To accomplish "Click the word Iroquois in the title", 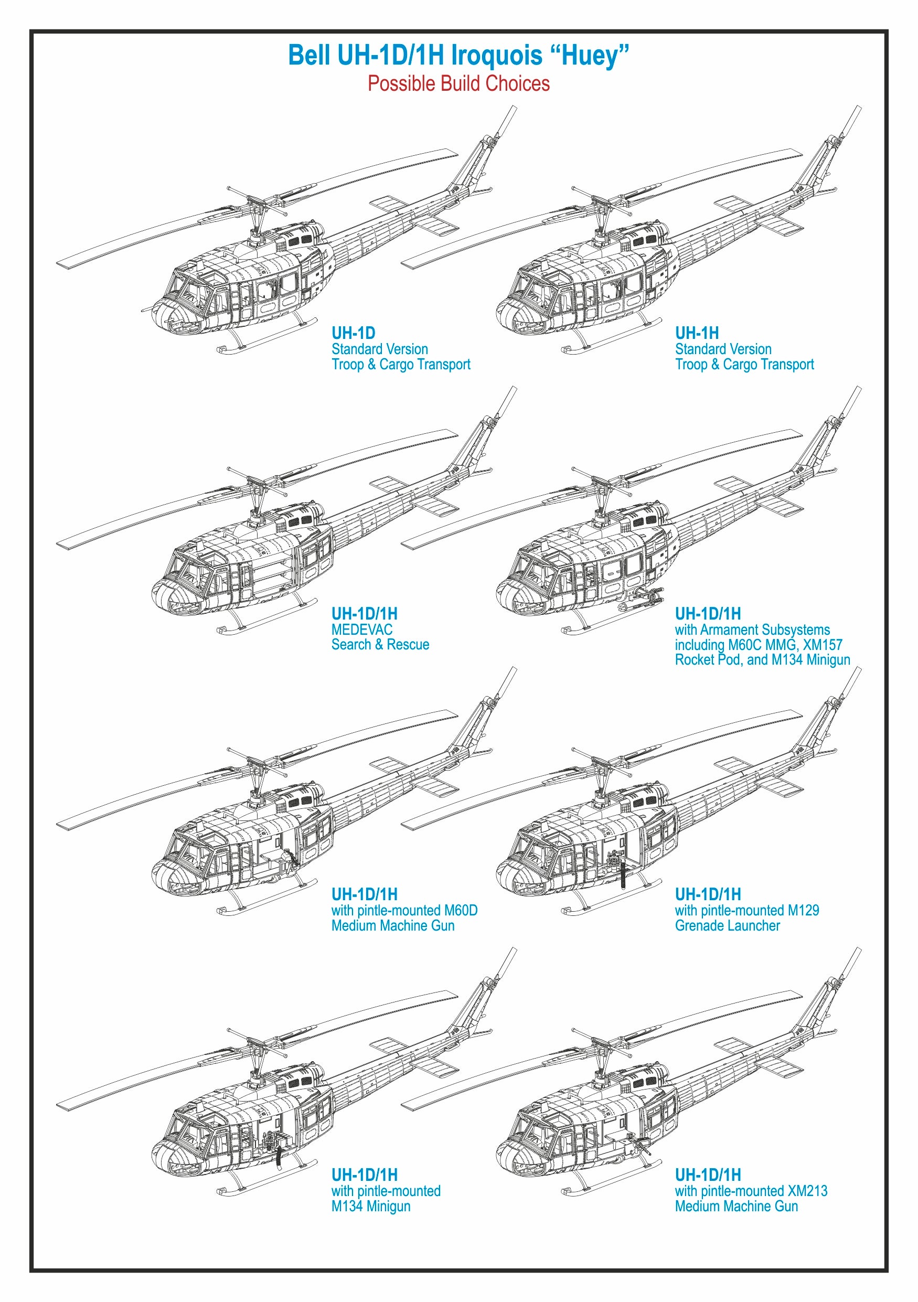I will pyautogui.click(x=496, y=56).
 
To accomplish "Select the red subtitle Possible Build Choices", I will pyautogui.click(x=458, y=84).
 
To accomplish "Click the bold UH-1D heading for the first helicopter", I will pyautogui.click(x=353, y=333).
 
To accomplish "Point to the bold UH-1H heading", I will pyautogui.click(x=696, y=333).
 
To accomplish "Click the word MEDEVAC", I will pyautogui.click(x=362, y=629).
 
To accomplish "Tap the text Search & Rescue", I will pyautogui.click(x=380, y=645).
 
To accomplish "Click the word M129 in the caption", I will pyautogui.click(x=804, y=910).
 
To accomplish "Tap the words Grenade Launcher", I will pyautogui.click(x=727, y=925).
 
